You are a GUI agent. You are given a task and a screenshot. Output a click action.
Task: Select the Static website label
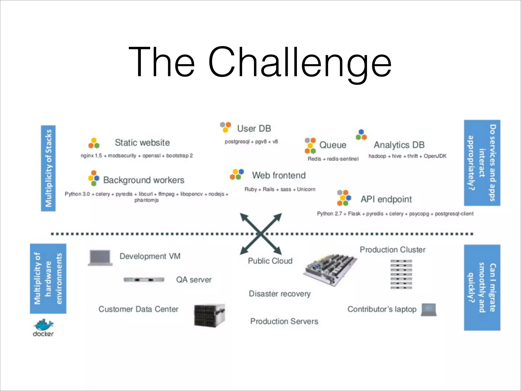click(142, 143)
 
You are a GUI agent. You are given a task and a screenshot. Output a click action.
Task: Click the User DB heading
click(254, 129)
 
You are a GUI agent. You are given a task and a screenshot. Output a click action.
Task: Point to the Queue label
click(332, 145)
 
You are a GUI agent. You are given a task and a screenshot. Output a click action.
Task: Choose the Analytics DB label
click(399, 145)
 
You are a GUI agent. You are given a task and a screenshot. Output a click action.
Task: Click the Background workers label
click(143, 180)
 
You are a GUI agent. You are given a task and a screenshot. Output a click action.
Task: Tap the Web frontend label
click(279, 175)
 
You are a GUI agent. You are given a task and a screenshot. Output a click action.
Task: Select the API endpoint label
click(386, 199)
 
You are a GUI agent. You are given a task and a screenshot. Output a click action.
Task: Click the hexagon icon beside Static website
click(94, 143)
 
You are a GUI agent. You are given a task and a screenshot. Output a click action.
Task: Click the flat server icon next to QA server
click(144, 280)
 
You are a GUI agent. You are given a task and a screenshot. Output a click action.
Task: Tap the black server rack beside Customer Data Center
click(209, 315)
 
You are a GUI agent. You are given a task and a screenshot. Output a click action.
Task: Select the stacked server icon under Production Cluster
click(401, 274)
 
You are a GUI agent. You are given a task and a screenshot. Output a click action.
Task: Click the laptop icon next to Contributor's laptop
click(429, 310)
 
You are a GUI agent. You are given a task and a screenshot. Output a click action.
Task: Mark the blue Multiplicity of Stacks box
click(48, 168)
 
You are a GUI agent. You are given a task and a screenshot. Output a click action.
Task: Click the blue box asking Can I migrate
click(482, 288)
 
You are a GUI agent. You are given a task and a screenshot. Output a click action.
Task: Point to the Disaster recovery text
click(280, 294)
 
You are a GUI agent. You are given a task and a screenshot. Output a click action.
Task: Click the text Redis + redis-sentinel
click(333, 159)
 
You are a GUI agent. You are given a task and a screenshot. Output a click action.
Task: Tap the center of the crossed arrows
click(261, 234)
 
